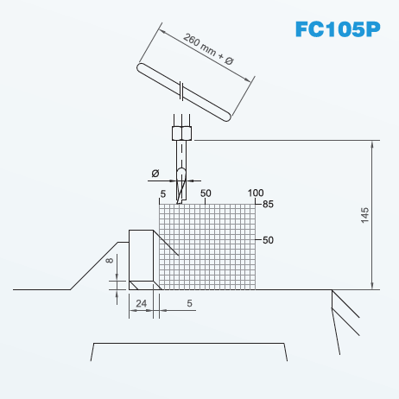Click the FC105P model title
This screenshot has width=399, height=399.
338,29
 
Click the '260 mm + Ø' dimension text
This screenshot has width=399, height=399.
208,49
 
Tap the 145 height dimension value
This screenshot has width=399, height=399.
364,215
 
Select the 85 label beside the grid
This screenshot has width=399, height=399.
268,204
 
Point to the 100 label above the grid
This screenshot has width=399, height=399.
256,193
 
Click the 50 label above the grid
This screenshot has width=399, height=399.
206,193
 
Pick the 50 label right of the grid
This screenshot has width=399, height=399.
268,240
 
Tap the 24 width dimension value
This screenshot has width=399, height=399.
141,303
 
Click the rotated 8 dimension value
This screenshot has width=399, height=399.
110,261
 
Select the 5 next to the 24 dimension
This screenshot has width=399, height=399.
189,303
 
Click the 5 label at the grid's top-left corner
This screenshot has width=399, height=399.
163,194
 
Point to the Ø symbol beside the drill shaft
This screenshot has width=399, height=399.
155,174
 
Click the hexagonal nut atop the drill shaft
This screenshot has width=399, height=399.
181,133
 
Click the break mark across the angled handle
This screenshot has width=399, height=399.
181,91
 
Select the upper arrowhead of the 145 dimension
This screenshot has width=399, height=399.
372,145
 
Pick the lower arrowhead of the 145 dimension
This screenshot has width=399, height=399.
372,285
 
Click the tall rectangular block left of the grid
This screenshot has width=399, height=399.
141,256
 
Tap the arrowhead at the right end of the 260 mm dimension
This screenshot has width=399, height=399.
248,79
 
